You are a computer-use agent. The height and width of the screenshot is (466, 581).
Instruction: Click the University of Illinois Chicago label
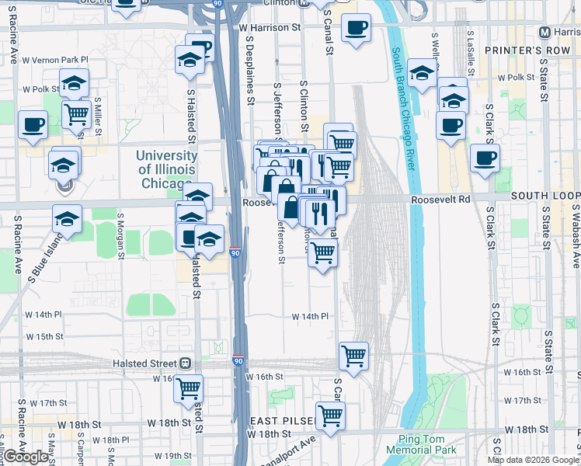pos(167,169)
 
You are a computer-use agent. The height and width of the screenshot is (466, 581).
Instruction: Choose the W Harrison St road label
pos(269,27)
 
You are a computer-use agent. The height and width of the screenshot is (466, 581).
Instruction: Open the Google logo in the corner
pos(27,456)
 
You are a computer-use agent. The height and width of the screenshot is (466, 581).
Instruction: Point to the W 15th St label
pos(44,336)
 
